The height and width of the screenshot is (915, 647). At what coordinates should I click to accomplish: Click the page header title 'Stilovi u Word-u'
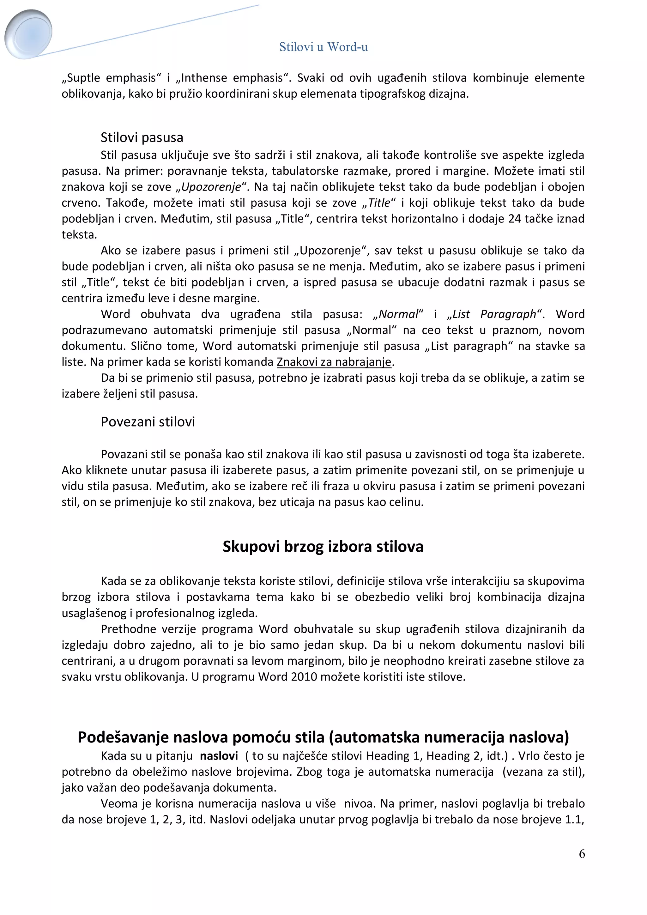coord(323,47)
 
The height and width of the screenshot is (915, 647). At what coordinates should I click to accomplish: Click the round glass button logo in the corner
coord(29,34)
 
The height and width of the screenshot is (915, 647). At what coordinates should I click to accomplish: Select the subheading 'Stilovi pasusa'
coord(142,137)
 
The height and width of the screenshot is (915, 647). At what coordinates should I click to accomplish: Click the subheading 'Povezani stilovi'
coord(148,421)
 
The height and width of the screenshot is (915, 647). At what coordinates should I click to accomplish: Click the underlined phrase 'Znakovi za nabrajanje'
coord(334,362)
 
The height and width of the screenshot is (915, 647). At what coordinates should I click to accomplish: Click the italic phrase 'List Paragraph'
coord(494,314)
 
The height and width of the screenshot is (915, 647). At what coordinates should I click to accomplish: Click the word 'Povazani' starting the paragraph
coord(124,454)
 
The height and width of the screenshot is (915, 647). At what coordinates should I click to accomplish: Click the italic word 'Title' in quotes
coord(379,203)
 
